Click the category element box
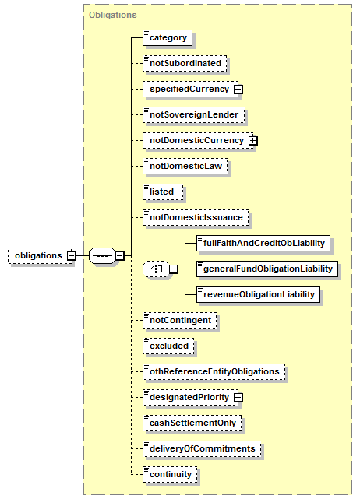click(168, 38)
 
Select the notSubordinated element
click(185, 63)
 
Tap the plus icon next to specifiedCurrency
click(238, 90)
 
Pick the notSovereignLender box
click(194, 115)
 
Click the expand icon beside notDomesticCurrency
click(253, 141)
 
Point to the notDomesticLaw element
click(185, 166)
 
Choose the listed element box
click(163, 192)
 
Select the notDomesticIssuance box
click(196, 218)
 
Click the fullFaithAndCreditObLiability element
click(263, 244)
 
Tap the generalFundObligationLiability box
click(267, 269)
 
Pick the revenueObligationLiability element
click(259, 295)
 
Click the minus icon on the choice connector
click(173, 269)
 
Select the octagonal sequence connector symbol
click(102, 255)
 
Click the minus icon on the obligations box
click(72, 255)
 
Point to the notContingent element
click(180, 321)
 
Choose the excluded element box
click(168, 346)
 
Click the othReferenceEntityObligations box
click(214, 371)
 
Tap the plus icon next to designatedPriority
click(238, 398)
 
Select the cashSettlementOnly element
click(192, 423)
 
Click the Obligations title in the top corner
click(113, 15)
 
